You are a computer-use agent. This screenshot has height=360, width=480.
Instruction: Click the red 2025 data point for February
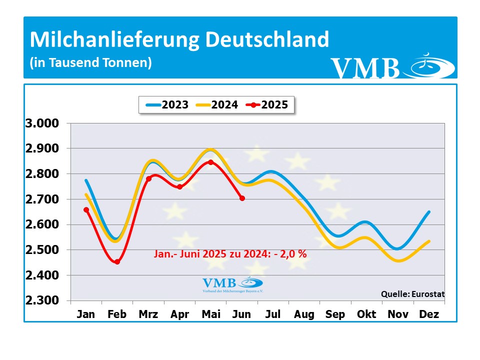click(117, 261)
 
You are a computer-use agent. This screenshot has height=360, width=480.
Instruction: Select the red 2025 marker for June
click(242, 198)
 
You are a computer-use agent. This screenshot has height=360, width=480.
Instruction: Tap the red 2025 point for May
click(210, 162)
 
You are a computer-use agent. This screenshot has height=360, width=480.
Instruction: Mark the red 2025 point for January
click(86, 210)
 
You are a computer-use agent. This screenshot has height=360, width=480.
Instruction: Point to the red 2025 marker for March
click(148, 178)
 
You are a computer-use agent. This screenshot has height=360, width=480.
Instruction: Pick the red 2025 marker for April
click(179, 187)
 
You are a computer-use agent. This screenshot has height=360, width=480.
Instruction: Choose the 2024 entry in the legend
click(217, 105)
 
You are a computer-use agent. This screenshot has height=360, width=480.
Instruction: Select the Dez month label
click(429, 314)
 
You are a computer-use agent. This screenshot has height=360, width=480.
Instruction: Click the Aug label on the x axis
click(304, 314)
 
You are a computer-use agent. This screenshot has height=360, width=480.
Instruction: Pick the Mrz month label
click(148, 314)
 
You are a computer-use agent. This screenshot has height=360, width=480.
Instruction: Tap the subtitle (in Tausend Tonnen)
click(90, 63)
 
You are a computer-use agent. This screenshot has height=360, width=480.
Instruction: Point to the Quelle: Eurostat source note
click(412, 294)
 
